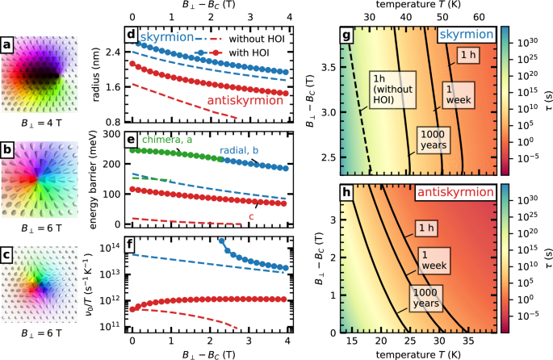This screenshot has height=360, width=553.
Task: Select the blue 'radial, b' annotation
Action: point(243,151)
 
